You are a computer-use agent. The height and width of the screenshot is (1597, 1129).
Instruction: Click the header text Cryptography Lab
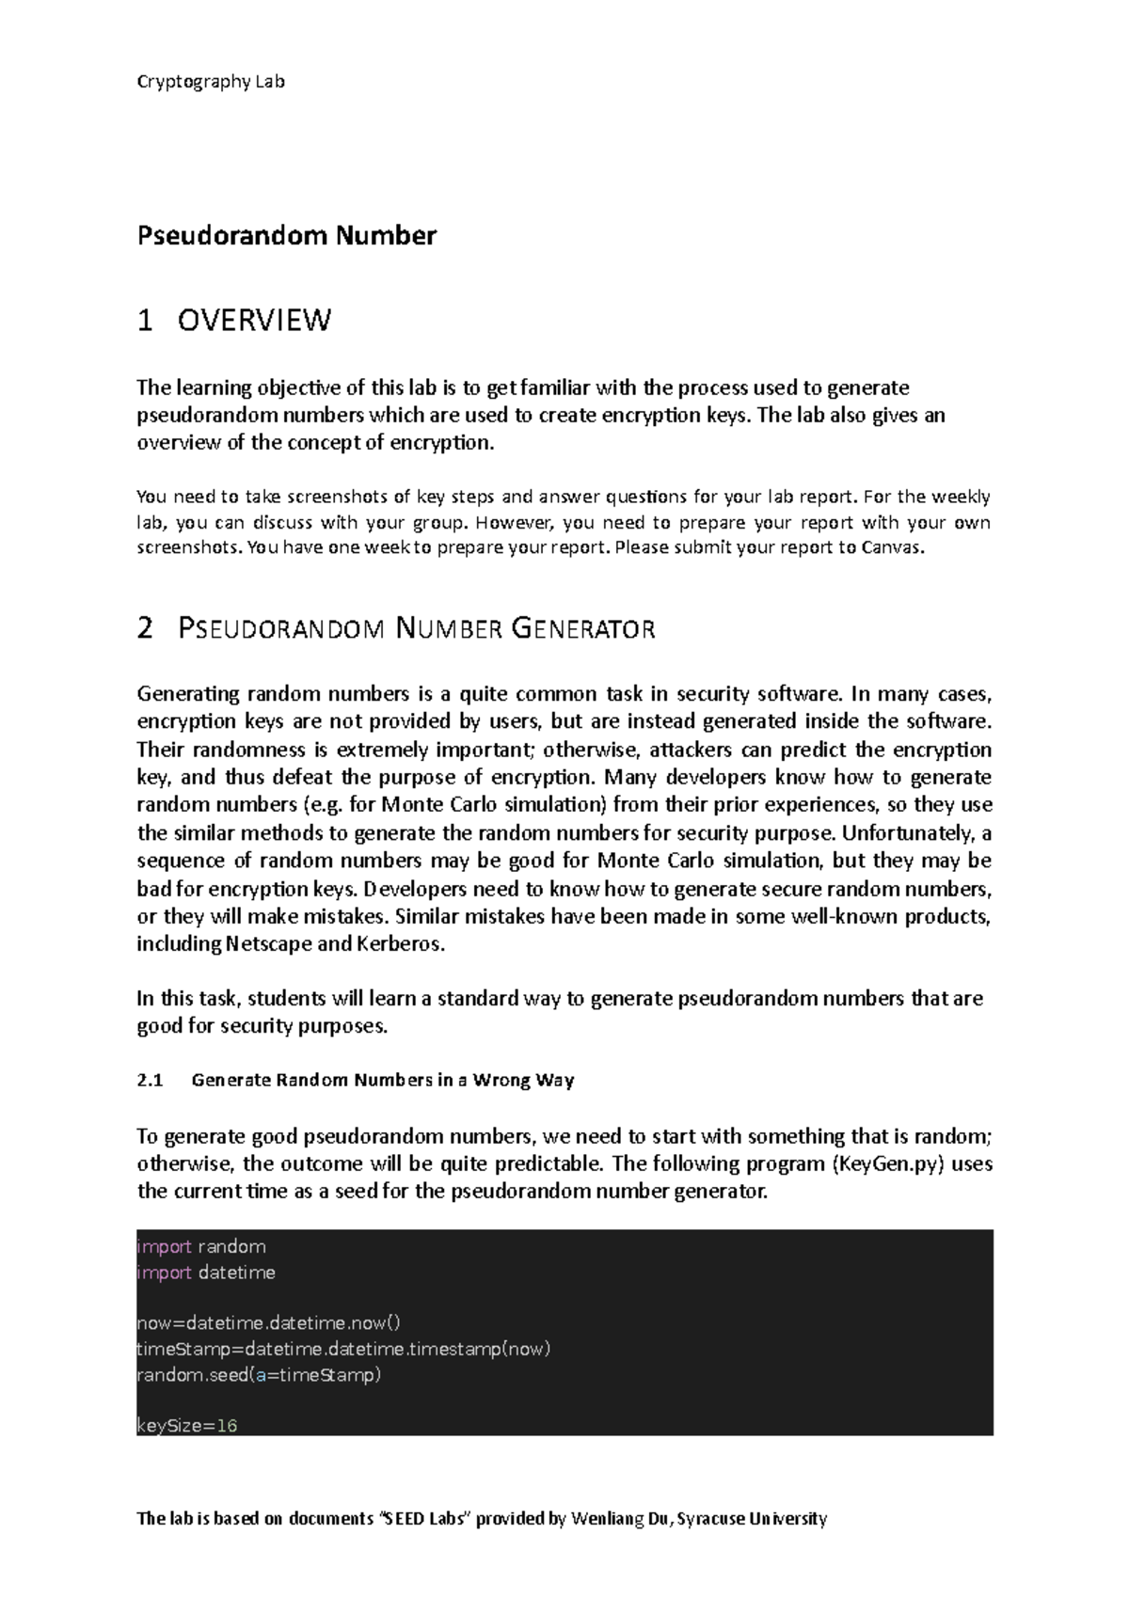(x=211, y=81)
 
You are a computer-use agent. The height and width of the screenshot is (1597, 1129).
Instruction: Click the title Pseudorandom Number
(x=286, y=235)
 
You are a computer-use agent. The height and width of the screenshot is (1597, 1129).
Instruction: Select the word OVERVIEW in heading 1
(x=254, y=321)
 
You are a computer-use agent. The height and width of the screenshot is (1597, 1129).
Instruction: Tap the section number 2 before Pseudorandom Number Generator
(x=144, y=628)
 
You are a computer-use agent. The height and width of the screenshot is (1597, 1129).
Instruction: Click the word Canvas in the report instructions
(x=891, y=548)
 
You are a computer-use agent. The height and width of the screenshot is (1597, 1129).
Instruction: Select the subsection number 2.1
(x=150, y=1080)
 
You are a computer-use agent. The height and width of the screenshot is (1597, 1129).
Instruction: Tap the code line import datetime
(x=206, y=1273)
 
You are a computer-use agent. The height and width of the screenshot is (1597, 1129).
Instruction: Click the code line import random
(x=201, y=1247)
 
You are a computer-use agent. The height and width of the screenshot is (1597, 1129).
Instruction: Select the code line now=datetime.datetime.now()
(x=268, y=1323)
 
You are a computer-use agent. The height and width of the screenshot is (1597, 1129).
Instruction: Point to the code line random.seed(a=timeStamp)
(x=259, y=1375)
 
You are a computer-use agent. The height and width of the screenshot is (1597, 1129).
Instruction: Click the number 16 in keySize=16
(x=226, y=1426)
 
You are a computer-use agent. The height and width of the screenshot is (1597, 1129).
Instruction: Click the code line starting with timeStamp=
(x=343, y=1349)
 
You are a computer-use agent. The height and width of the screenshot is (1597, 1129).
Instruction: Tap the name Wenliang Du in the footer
(x=620, y=1518)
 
